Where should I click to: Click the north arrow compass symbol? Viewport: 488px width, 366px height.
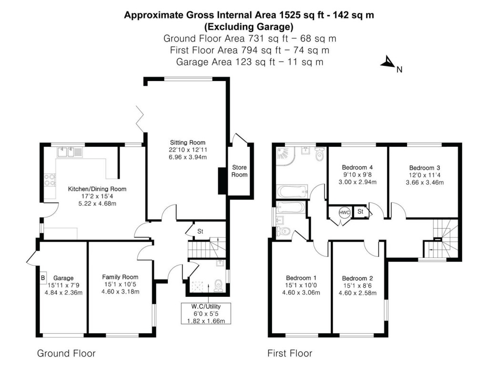tap(388, 62)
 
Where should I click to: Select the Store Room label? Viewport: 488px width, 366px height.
tap(240, 171)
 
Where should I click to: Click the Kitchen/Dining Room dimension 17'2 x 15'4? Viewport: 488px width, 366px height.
tap(97, 196)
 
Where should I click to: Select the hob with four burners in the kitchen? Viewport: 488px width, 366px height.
tap(50, 180)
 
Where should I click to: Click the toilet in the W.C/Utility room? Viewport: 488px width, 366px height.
tap(219, 285)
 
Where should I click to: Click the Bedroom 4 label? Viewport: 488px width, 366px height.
tap(357, 167)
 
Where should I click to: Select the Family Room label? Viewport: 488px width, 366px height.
tap(120, 277)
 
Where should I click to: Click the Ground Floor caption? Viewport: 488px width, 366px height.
tap(66, 353)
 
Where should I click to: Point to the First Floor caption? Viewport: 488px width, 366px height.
tap(290, 353)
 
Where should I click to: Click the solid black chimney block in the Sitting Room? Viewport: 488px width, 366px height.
tap(222, 181)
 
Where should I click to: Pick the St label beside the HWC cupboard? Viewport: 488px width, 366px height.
tap(360, 211)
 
